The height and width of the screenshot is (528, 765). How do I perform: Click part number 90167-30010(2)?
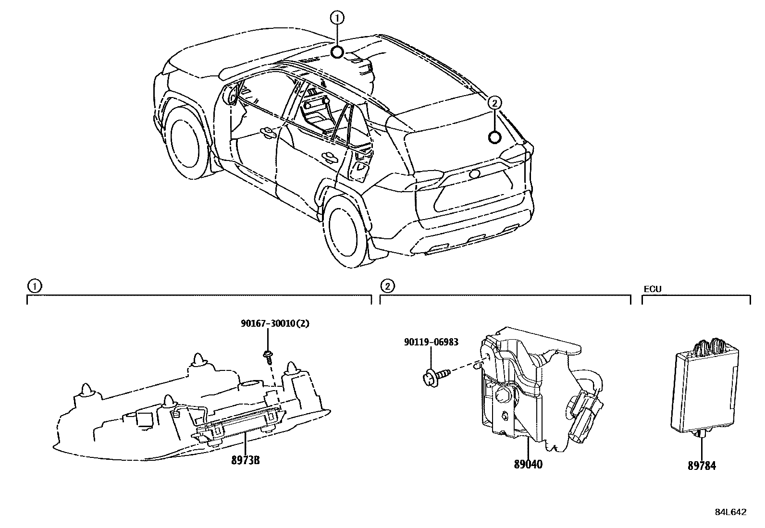click(x=275, y=324)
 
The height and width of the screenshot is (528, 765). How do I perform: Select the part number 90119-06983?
click(x=431, y=342)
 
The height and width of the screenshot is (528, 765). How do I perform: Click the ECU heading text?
click(x=652, y=289)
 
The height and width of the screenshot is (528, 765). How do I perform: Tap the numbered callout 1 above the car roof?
click(x=337, y=19)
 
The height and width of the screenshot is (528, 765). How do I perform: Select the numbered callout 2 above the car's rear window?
click(x=494, y=102)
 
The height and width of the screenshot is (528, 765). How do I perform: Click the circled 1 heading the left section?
click(x=34, y=286)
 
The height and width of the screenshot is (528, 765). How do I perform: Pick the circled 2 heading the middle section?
click(x=387, y=286)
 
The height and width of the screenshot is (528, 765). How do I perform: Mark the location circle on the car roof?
click(x=337, y=52)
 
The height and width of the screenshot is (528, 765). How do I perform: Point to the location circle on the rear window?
click(x=494, y=137)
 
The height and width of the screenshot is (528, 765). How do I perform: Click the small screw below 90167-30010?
click(x=268, y=356)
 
